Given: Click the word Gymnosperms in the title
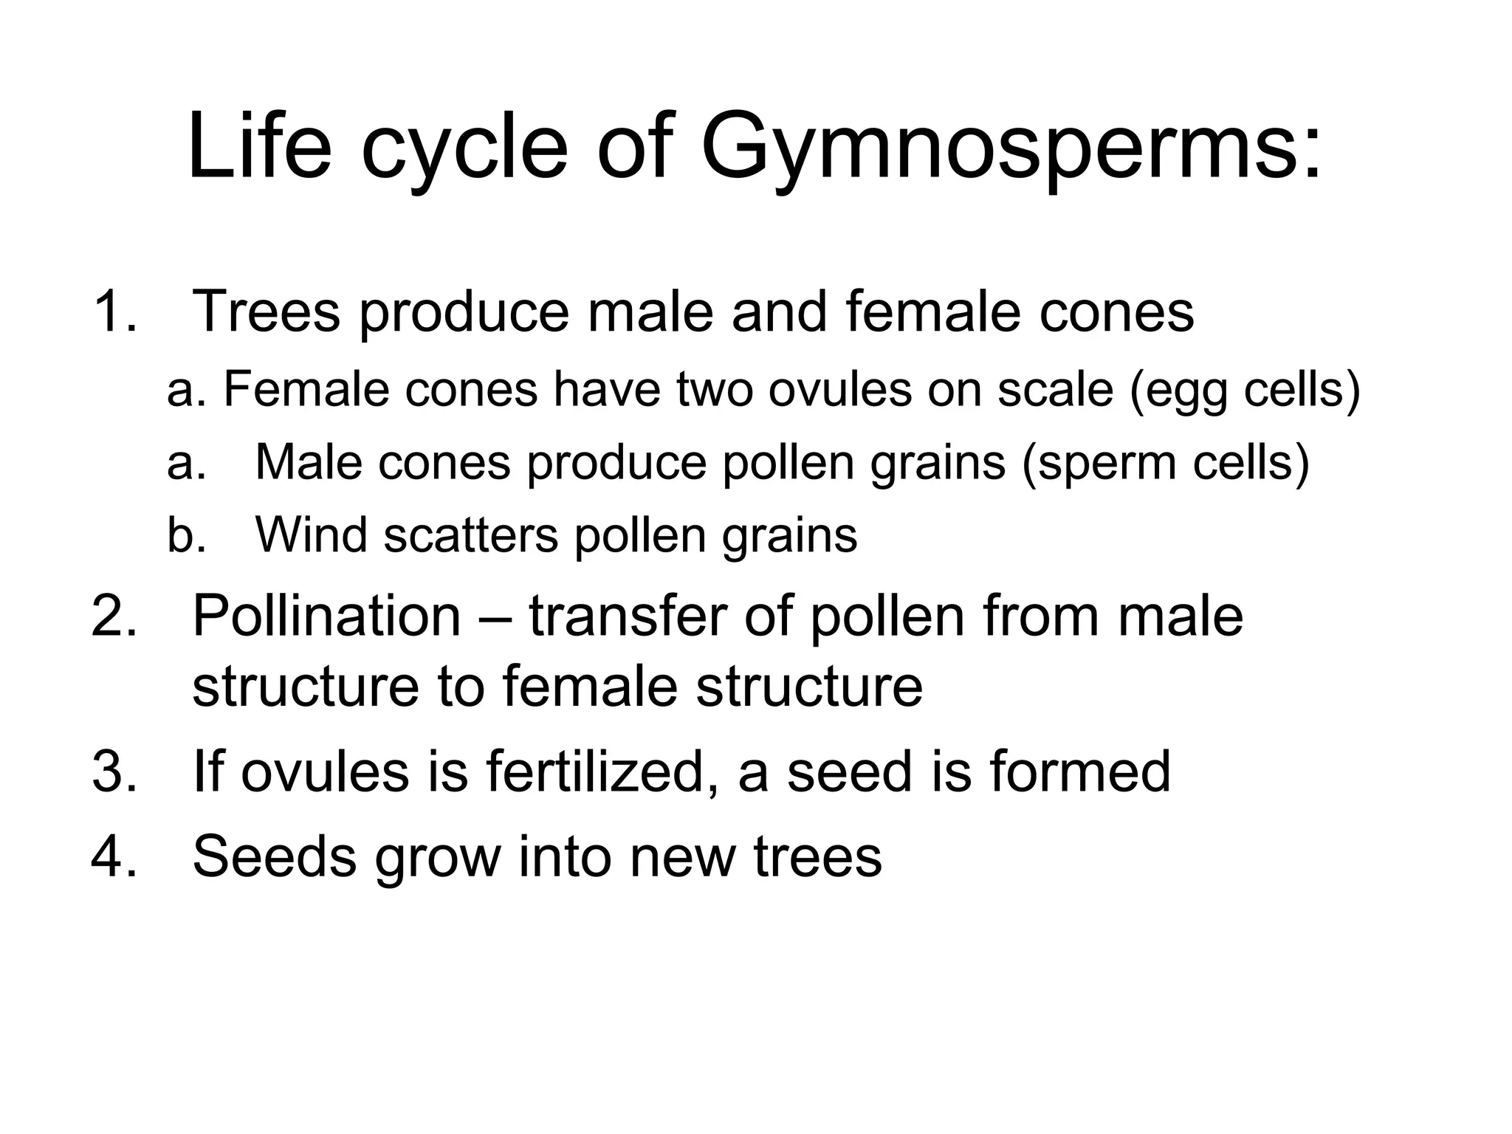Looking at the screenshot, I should [x=989, y=148].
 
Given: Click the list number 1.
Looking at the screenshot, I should [x=114, y=312].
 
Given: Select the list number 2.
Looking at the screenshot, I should [x=114, y=616].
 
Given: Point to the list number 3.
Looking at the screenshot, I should [x=114, y=772].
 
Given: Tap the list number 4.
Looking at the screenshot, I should [x=114, y=856].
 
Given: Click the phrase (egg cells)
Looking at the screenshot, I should [x=1245, y=391].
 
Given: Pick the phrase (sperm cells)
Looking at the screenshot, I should [x=1166, y=464].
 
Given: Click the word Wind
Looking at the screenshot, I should [x=310, y=535].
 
